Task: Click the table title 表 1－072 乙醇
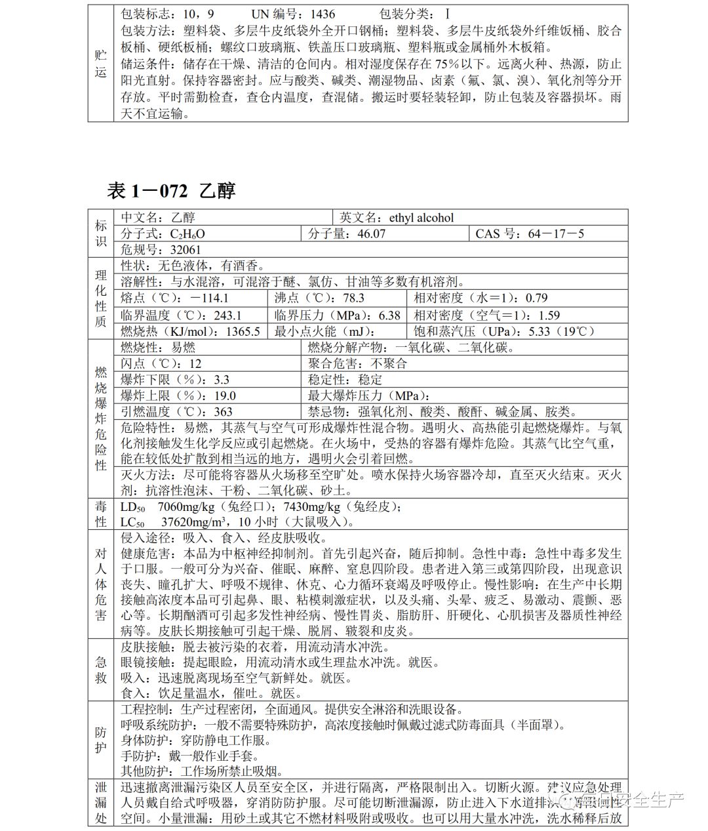pos(171,190)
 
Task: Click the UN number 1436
pos(323,14)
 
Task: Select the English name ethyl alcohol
pos(421,218)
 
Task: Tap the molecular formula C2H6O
pos(187,234)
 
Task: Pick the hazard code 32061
pos(186,250)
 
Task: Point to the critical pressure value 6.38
pos(389,315)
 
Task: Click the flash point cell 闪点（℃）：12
pos(161,363)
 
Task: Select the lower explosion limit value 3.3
pos(222,380)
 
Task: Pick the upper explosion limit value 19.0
pos(224,395)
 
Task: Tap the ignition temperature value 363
pos(223,412)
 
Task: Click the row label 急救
pos(101,670)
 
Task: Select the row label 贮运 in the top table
pos(101,64)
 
